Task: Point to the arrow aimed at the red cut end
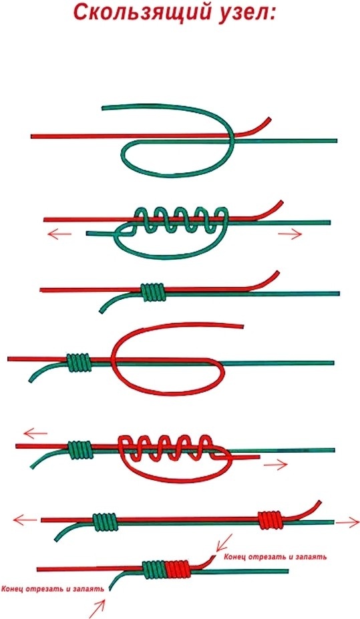pos(224,543)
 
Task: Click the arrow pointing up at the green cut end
pos(98,608)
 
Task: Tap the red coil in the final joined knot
pos(178,570)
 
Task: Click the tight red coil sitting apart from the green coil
pos(270,520)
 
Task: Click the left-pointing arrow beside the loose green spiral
pos(59,234)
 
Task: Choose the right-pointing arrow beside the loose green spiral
pos(290,234)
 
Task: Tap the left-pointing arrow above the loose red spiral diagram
pos(35,433)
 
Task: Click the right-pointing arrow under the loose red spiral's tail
pos(276,465)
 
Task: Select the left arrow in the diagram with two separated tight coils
pos(25,520)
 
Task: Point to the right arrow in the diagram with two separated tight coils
pos(348,523)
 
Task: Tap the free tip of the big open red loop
pos(242,326)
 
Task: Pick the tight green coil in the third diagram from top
pos(153,292)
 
